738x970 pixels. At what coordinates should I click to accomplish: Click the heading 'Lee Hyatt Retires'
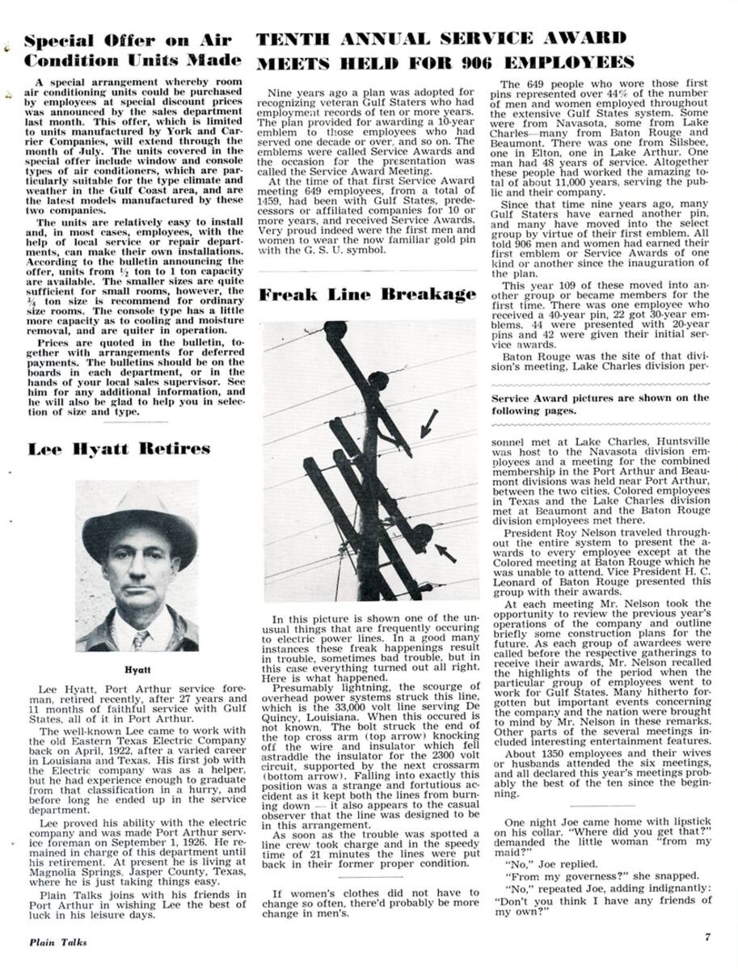[119, 449]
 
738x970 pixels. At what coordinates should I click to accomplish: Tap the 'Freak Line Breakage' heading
[367, 294]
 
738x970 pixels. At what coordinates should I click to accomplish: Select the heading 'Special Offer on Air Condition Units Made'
[133, 50]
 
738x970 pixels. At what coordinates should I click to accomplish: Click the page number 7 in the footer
[706, 938]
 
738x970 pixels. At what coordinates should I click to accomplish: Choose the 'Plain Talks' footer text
[58, 941]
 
